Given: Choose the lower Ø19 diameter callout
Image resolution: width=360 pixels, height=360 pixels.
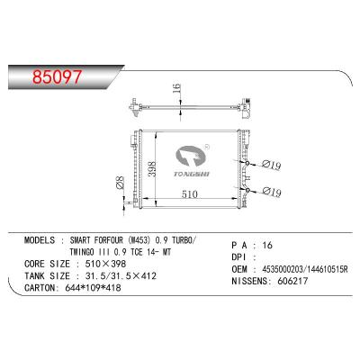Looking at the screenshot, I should click(x=271, y=192).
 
